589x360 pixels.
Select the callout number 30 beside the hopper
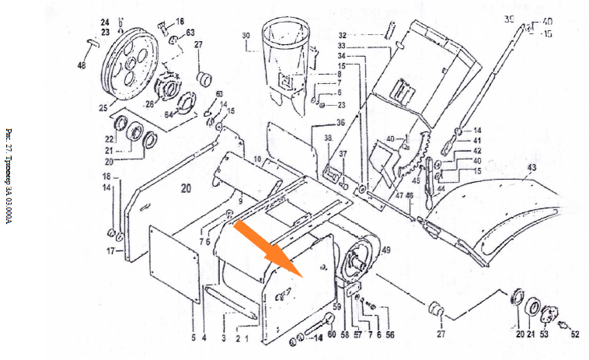tap(246, 36)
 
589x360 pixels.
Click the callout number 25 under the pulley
tap(103, 108)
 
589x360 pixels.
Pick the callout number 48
tap(82, 67)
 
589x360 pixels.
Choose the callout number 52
tap(575, 334)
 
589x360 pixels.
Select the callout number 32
tap(342, 36)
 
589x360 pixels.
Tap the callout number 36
tap(340, 123)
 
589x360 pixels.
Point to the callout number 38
tap(328, 138)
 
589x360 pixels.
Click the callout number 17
tap(110, 251)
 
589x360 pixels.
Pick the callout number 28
tap(149, 103)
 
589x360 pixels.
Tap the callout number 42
tap(478, 151)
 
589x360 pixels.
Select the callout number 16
tap(179, 22)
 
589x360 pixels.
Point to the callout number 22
tap(110, 139)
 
